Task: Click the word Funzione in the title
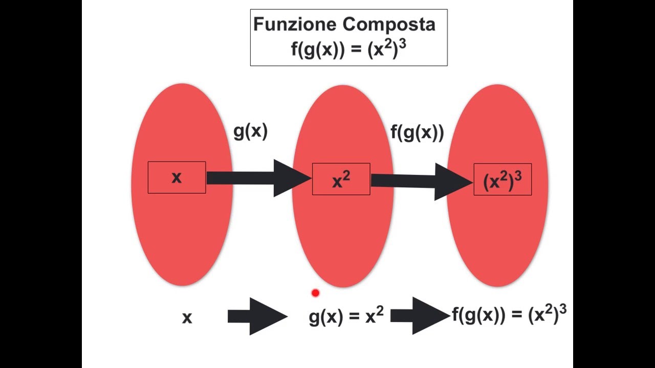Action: pos(295,24)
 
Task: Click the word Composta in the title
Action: pos(389,24)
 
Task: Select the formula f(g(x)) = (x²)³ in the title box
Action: pos(348,50)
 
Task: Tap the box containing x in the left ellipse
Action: pos(177,177)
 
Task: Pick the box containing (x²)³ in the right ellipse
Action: pos(503,179)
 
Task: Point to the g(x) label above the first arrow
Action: pos(250,131)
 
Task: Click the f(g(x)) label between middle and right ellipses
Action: pos(417,132)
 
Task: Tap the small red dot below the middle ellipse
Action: pos(315,293)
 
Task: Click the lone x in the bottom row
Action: pos(187,318)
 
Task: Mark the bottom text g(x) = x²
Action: pos(346,317)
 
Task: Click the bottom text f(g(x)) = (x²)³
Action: pos(509,314)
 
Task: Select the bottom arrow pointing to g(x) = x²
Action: pos(257,316)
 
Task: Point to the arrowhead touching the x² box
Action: pos(292,178)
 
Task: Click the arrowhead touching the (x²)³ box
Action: pos(453,181)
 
